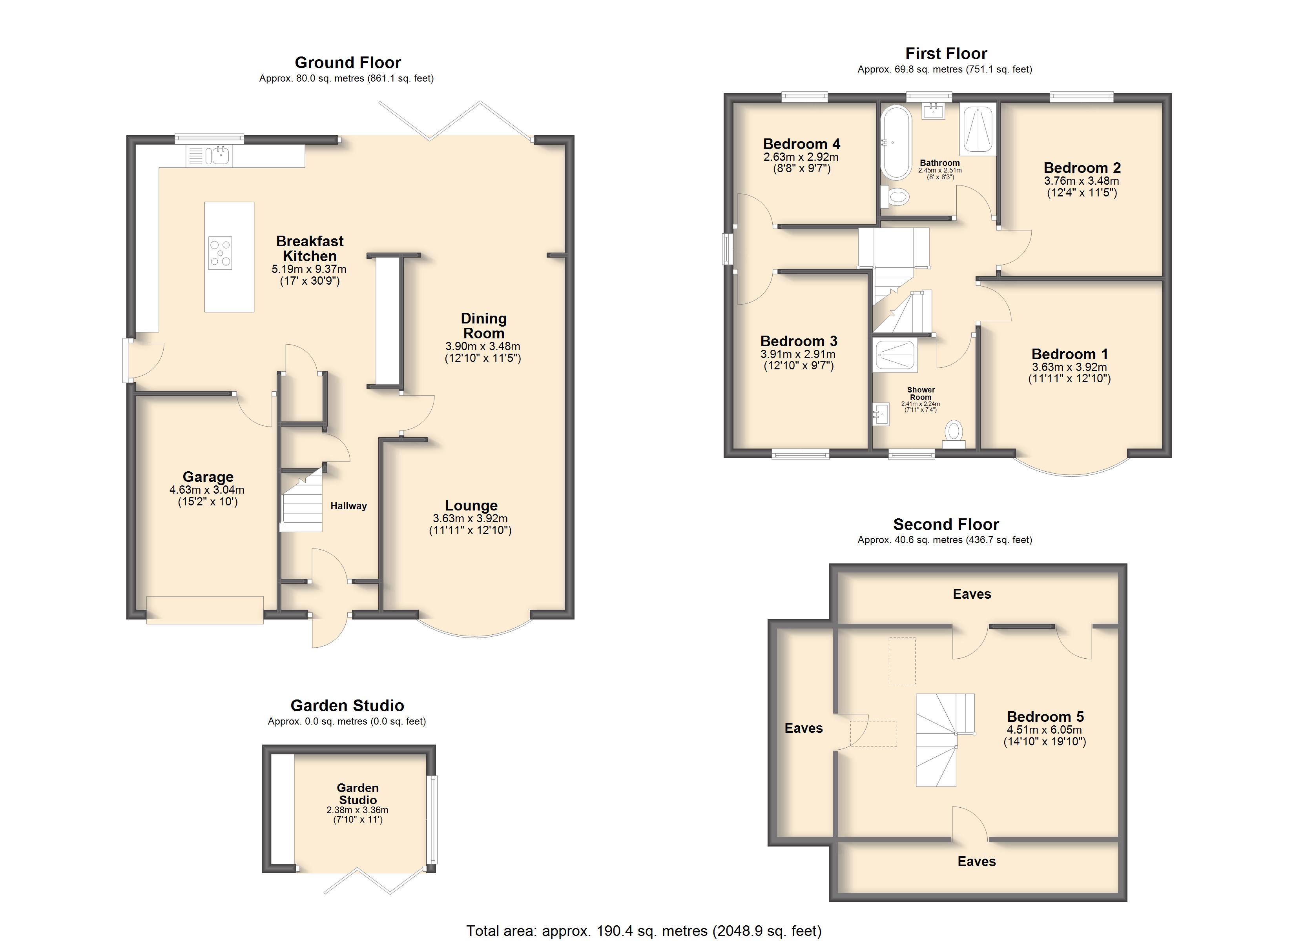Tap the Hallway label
tap(348, 506)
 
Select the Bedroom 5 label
tap(1045, 716)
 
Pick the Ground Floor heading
tap(348, 62)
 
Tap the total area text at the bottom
tap(644, 931)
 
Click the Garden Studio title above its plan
tap(347, 705)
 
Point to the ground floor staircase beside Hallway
tap(301, 500)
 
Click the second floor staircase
tap(945, 740)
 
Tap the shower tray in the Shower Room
tap(895, 354)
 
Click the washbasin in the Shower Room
tap(881, 414)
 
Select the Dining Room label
tap(483, 325)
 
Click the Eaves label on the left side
tap(803, 728)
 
